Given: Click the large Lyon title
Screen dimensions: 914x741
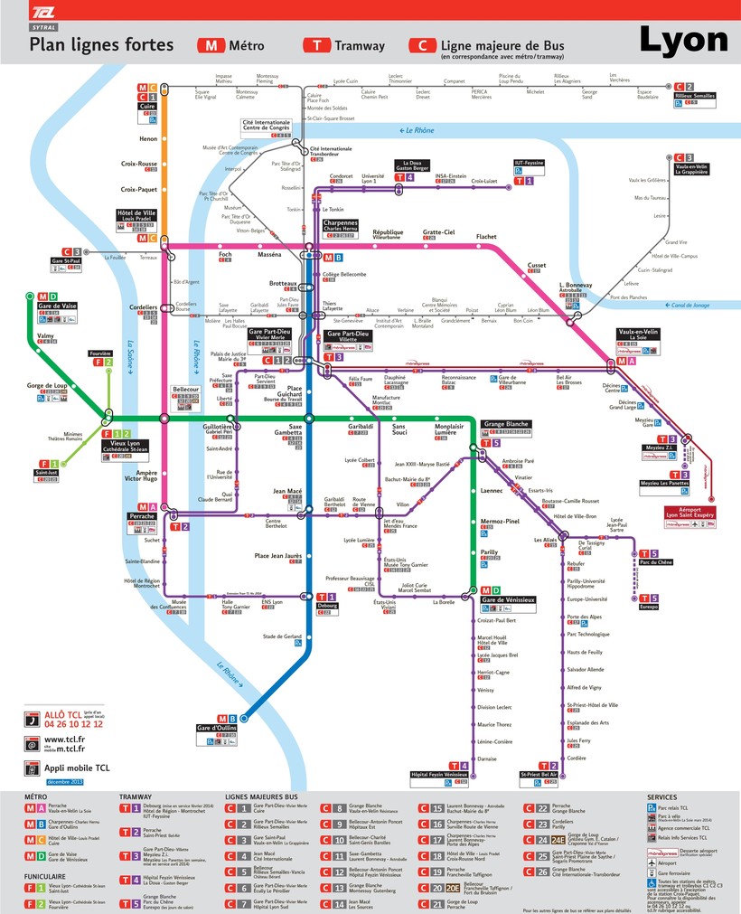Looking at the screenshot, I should [683, 39].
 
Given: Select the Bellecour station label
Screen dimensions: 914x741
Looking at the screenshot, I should [184, 390].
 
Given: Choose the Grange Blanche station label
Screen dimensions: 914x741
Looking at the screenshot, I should [506, 424].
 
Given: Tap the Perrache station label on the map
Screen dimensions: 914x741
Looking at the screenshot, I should [142, 516].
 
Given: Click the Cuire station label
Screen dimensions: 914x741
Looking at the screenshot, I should [147, 106].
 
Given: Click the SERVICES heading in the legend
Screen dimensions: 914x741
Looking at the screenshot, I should [663, 796].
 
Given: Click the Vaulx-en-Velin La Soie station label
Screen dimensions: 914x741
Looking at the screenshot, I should [638, 335].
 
